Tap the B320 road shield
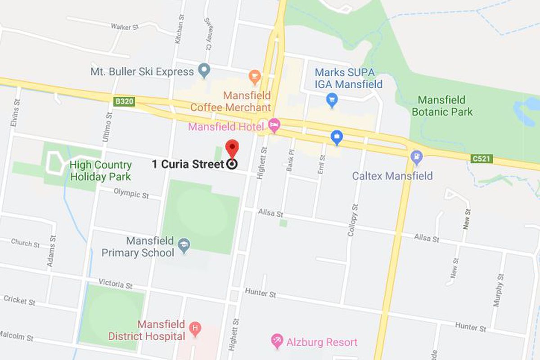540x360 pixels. (124, 102)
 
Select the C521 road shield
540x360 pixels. (482, 158)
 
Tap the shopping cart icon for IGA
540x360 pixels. (332, 100)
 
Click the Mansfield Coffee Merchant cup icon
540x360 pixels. (255, 76)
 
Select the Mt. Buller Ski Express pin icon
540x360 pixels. (205, 71)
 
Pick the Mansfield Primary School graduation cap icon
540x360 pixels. (184, 246)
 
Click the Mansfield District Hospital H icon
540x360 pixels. (195, 328)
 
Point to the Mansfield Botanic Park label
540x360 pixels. (442, 105)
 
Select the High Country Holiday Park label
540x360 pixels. (100, 171)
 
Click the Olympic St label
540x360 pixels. (131, 193)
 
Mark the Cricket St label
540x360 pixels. (19, 300)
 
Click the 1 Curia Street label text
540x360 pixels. (188, 164)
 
